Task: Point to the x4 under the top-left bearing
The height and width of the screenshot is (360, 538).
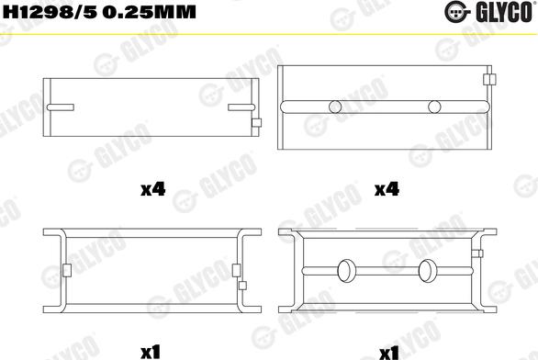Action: tap(152, 190)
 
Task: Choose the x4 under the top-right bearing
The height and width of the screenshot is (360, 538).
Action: tap(387, 190)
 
